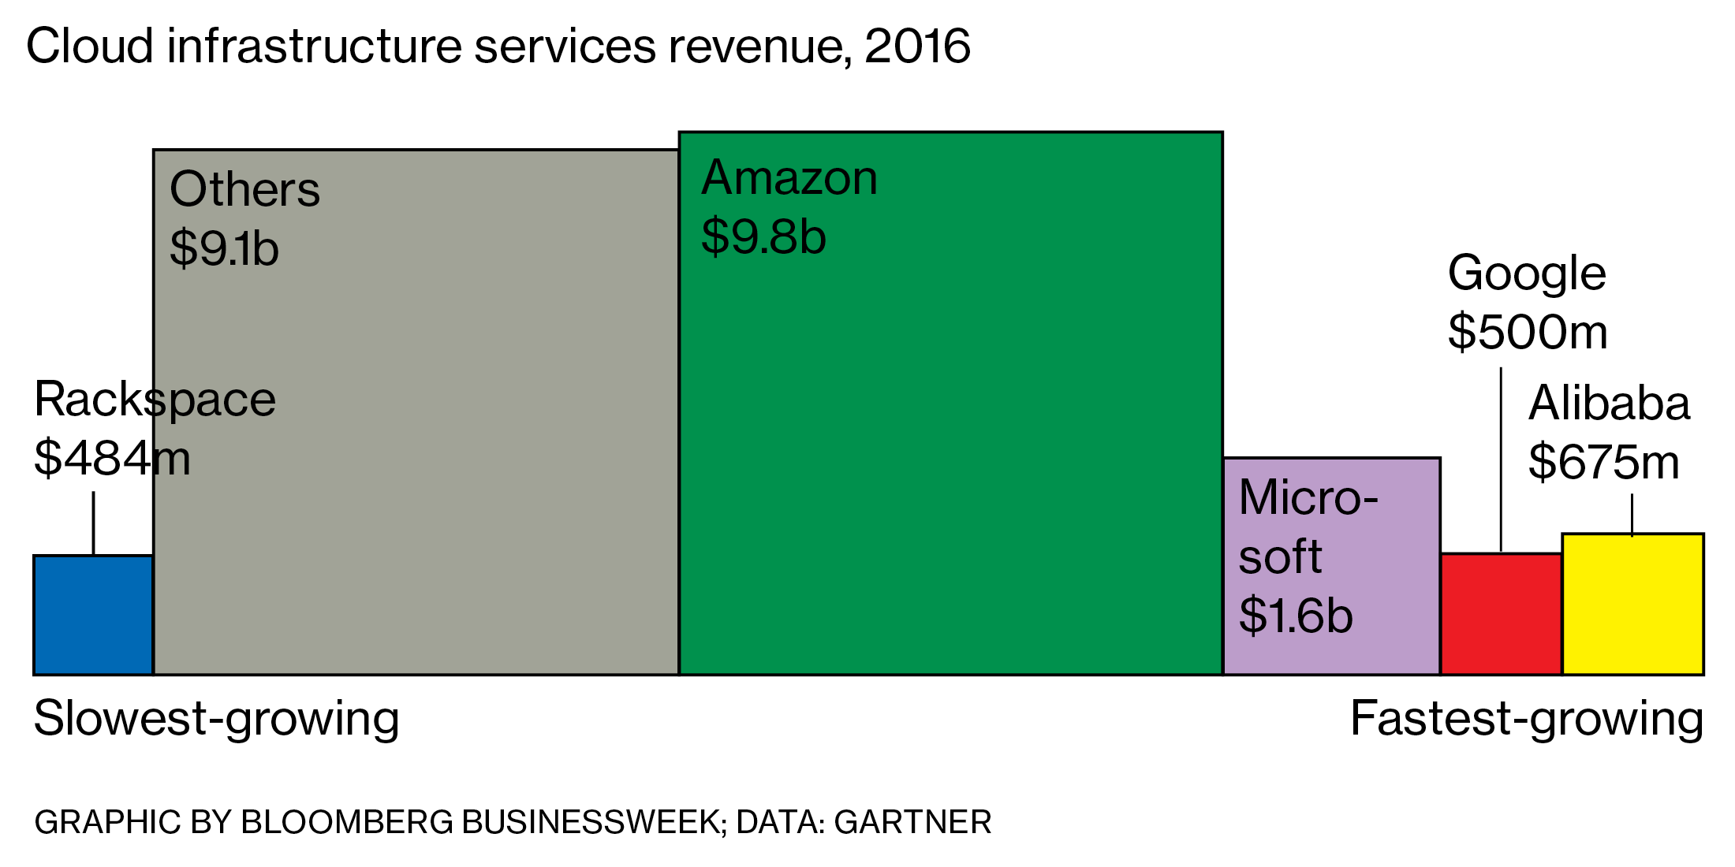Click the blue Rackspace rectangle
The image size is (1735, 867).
(93, 615)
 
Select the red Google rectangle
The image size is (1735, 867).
(1501, 614)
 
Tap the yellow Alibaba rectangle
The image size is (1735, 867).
(1632, 605)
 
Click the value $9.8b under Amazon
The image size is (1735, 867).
(763, 236)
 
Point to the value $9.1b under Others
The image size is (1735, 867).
(224, 248)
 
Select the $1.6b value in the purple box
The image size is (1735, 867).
(1295, 616)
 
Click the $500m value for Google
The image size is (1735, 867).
(1528, 332)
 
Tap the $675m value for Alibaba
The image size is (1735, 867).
(1603, 462)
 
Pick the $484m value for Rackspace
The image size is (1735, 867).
(112, 458)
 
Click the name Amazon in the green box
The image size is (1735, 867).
(789, 177)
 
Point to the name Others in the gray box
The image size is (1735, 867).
(244, 189)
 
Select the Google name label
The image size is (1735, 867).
(1527, 273)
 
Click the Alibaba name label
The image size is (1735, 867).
(1609, 404)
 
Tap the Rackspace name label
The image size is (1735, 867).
(155, 400)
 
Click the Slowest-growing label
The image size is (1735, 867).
(216, 719)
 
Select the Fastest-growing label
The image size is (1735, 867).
(1527, 719)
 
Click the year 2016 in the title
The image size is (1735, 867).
(917, 46)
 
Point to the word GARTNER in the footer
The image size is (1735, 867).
(912, 822)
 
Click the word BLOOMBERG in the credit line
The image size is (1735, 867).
(347, 822)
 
